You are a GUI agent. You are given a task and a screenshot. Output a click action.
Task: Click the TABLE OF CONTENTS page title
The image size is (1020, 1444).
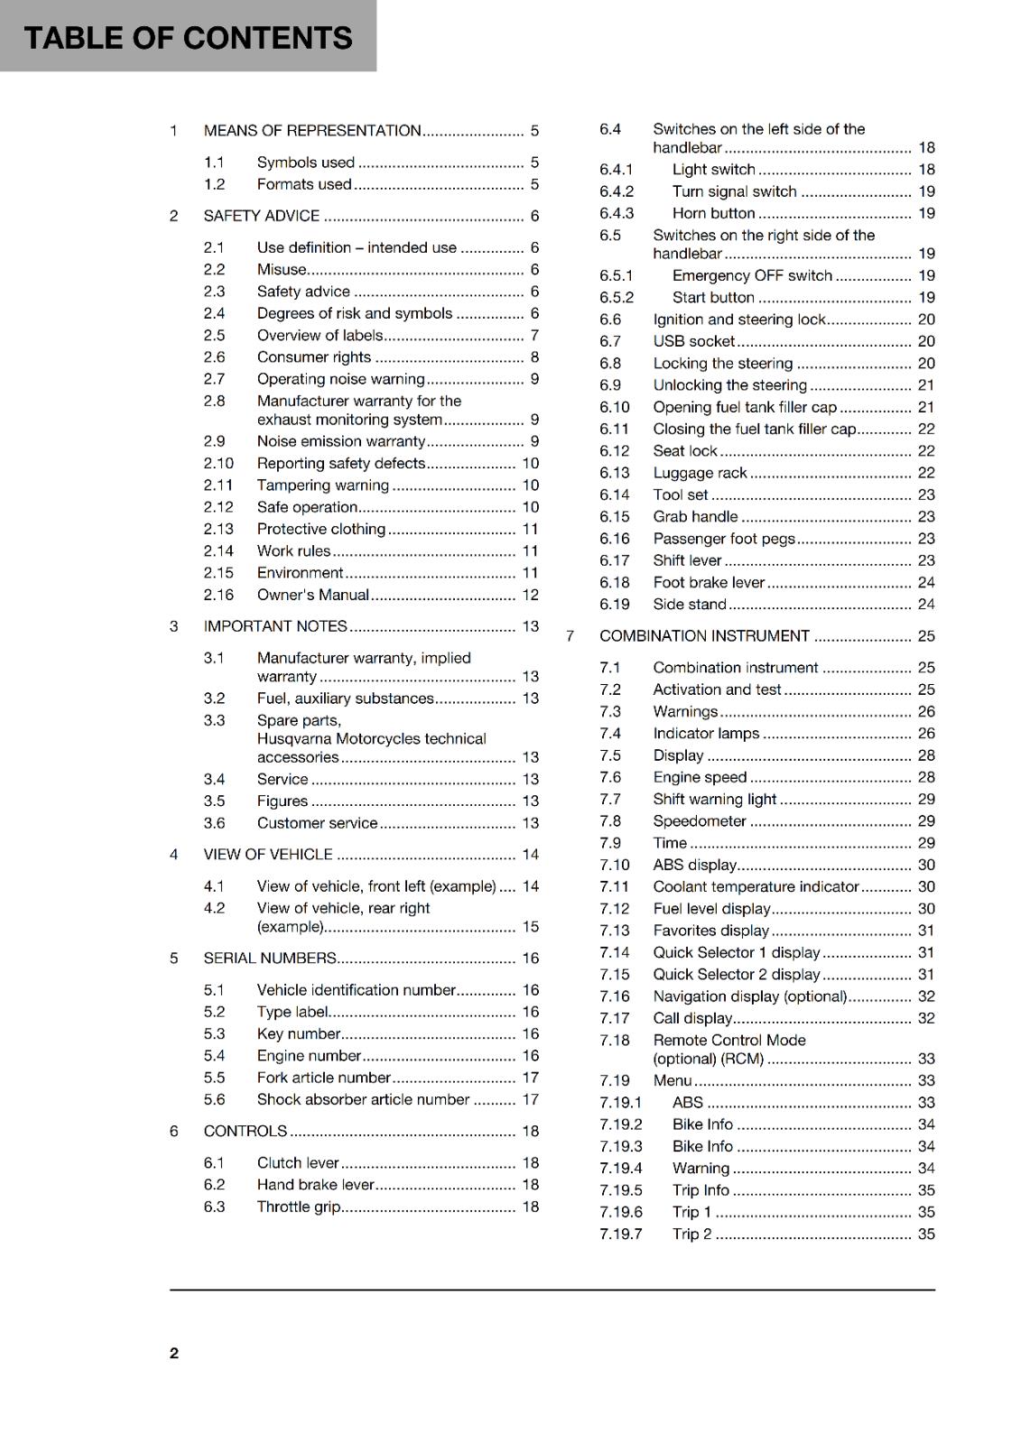point(188,38)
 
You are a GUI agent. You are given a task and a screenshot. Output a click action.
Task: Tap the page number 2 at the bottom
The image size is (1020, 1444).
point(174,1353)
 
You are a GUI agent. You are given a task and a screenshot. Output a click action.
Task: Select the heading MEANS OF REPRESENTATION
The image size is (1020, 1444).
point(312,131)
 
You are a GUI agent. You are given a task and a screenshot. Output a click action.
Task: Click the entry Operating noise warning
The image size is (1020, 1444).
point(340,379)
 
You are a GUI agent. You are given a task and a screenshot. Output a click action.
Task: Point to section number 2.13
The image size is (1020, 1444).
point(218,529)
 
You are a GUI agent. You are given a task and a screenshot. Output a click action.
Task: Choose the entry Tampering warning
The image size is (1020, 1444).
point(322,486)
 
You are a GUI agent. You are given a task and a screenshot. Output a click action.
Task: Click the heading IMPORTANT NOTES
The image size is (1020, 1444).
point(275,626)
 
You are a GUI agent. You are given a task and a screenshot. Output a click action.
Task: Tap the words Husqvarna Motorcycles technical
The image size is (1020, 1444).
point(371,738)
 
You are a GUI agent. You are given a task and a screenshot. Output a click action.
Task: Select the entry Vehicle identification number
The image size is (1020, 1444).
point(356,990)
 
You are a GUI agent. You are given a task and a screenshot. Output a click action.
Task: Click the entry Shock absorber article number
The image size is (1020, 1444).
point(363,1099)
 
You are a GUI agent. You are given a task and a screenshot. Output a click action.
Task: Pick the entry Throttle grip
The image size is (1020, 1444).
point(299,1207)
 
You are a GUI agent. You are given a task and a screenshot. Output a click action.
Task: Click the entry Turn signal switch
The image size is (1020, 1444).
point(734,191)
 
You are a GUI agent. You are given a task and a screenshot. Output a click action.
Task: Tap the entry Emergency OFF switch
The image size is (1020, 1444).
point(752,275)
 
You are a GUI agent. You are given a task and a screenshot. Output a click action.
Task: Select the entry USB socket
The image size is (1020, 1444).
point(693,341)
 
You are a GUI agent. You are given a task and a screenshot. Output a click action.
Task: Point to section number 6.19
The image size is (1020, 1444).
point(614,605)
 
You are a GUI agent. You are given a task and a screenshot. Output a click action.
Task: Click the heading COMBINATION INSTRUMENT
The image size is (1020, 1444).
point(704,636)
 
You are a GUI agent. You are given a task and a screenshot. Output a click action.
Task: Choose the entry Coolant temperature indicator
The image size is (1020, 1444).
point(756,887)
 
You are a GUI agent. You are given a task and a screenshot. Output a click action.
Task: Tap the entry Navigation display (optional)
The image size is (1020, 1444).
point(749,996)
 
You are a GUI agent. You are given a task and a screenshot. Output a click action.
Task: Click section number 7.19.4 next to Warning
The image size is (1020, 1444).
point(620,1168)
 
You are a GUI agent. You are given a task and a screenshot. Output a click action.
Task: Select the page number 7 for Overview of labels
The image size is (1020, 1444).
point(534,336)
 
